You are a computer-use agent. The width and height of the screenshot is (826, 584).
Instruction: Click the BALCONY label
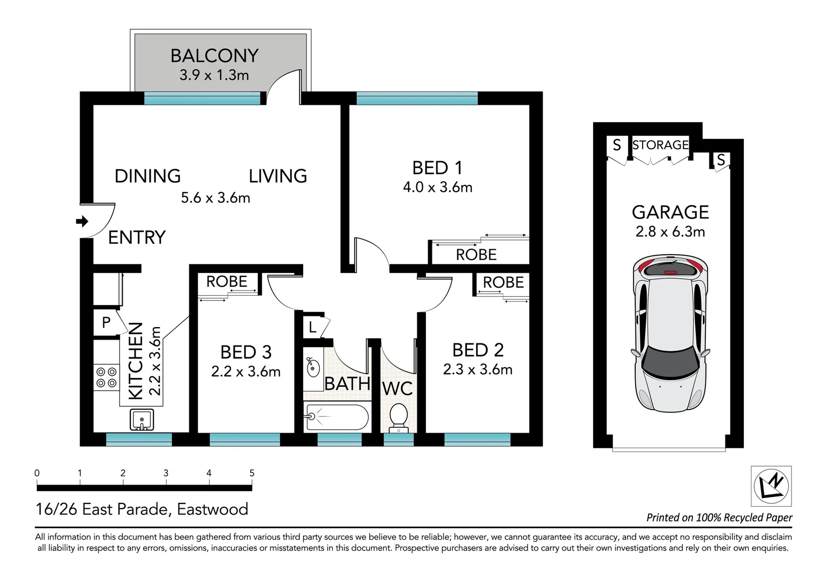214,56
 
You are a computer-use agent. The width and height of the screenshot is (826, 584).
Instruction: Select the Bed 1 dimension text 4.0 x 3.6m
437,188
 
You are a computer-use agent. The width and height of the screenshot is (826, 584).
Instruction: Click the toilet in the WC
398,417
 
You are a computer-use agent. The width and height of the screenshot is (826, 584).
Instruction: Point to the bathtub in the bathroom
336,417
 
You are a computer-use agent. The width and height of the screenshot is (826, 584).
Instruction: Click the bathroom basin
313,368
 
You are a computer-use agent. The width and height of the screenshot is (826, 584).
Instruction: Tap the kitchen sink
142,420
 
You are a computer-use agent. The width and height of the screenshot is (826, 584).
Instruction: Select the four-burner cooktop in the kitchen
106,377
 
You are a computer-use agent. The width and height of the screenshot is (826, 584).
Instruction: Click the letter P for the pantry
106,323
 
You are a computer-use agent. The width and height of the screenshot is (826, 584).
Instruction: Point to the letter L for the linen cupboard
312,327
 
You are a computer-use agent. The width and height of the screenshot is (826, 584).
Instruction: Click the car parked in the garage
670,334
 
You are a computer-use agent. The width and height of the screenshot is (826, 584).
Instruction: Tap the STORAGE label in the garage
660,145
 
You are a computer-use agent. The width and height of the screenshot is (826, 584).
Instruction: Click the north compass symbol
771,485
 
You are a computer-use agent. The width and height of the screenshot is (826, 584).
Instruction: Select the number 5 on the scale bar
252,473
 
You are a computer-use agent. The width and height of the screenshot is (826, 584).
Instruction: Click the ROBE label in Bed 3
227,282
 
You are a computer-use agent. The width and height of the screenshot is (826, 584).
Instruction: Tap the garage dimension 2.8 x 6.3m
670,232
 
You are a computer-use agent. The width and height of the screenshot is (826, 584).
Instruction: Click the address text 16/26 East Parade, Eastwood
142,509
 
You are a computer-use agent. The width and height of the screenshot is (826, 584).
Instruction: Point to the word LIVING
278,176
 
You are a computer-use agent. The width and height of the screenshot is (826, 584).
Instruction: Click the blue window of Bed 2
477,439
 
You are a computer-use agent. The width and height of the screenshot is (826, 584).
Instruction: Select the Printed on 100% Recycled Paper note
719,517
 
